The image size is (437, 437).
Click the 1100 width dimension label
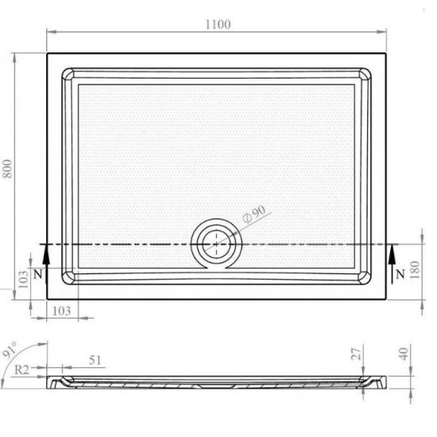pyautogui.click(x=218, y=25)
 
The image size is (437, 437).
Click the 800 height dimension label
pyautogui.click(x=7, y=168)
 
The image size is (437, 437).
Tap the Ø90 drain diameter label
pyautogui.click(x=254, y=214)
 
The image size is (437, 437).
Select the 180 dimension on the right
pyautogui.click(x=415, y=269)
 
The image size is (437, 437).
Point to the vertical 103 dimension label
pyautogui.click(x=23, y=279)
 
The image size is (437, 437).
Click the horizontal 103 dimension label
pyautogui.click(x=62, y=311)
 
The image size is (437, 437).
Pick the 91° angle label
pyautogui.click(x=10, y=350)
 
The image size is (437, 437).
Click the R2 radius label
pyautogui.click(x=21, y=369)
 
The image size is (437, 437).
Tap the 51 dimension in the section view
pyautogui.click(x=95, y=360)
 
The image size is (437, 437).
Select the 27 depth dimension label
pyautogui.click(x=356, y=354)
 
